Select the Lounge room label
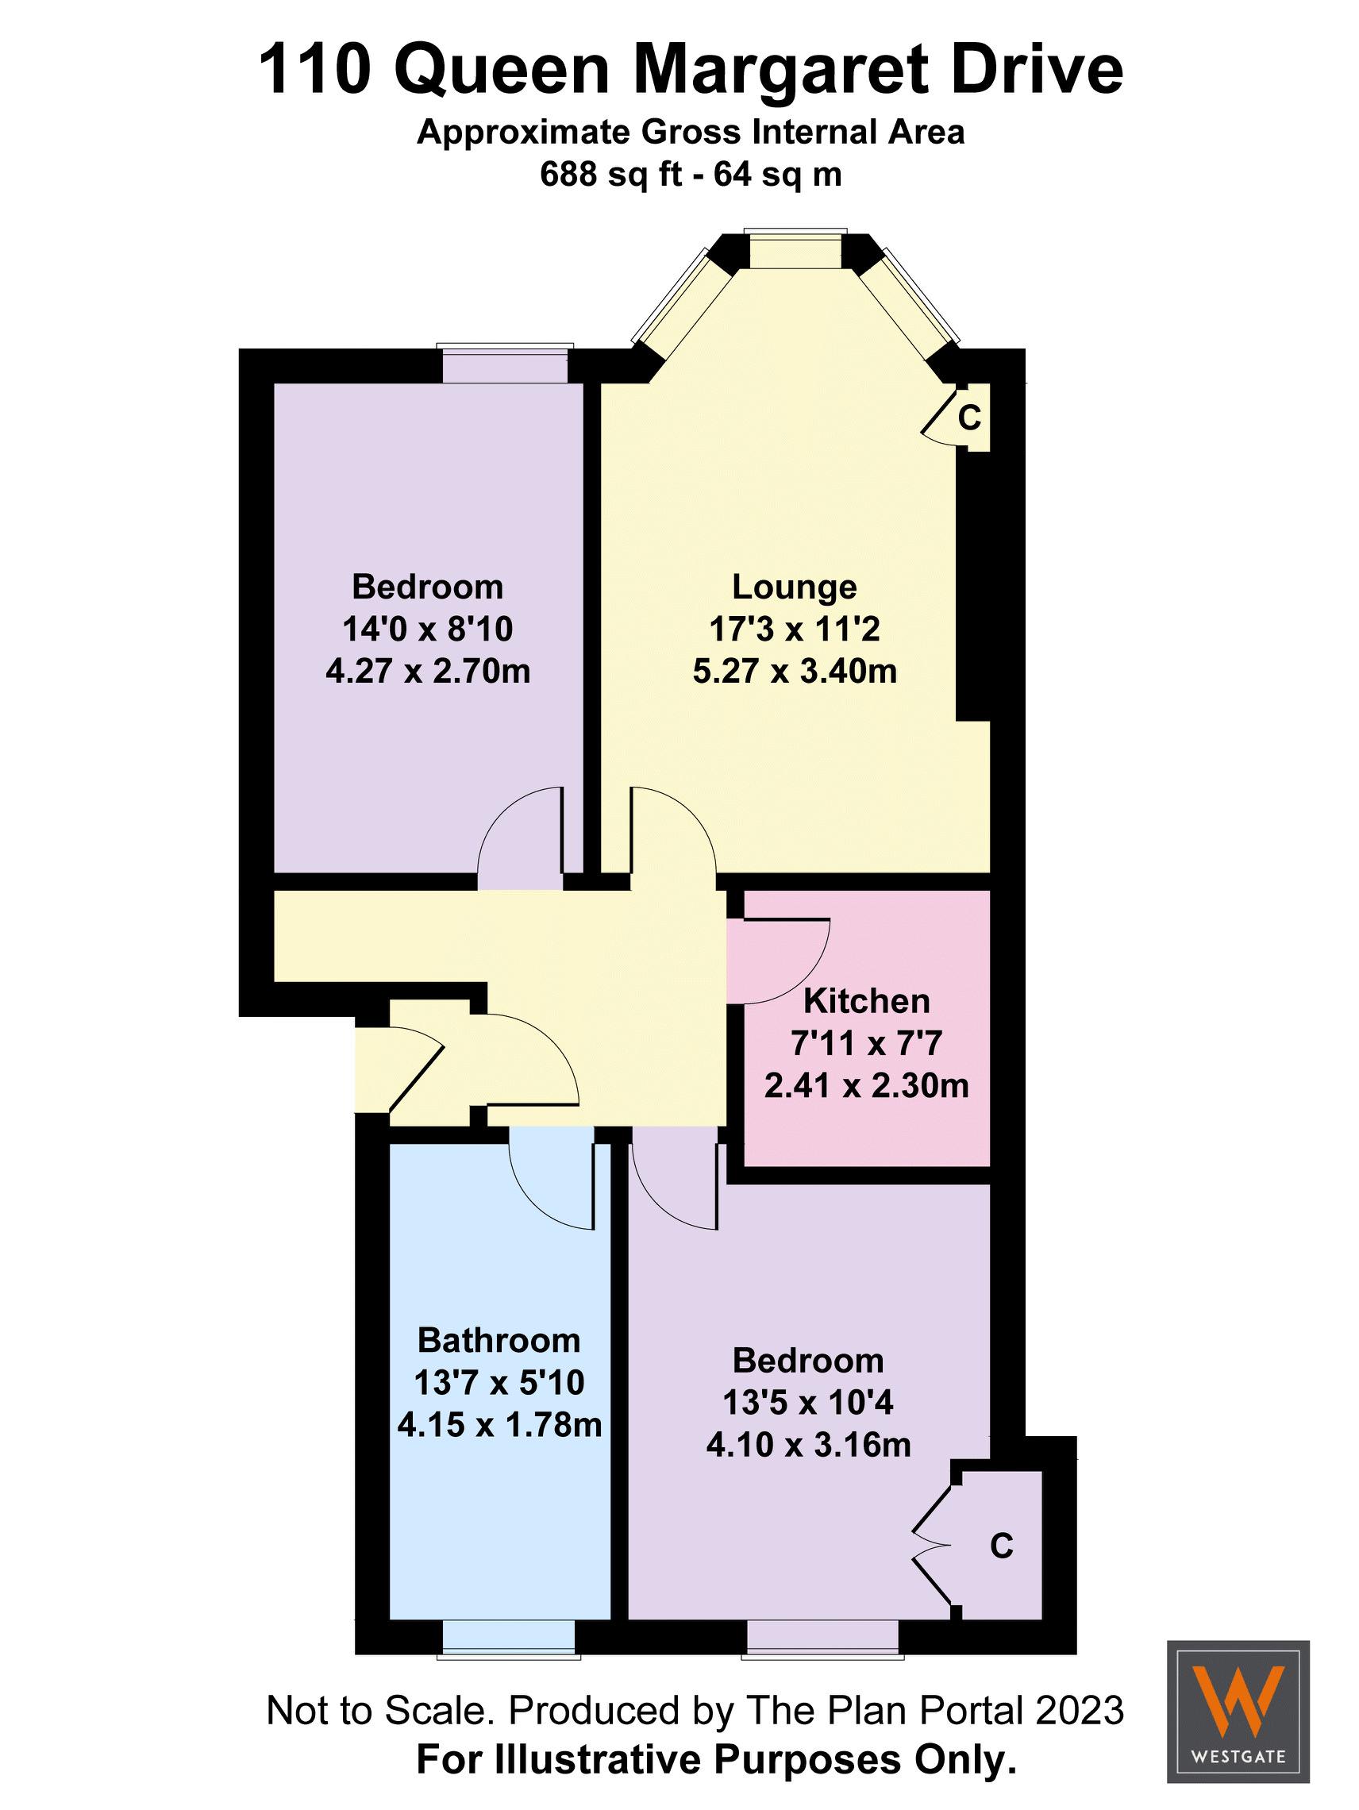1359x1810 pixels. click(794, 587)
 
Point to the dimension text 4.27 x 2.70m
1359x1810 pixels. click(428, 671)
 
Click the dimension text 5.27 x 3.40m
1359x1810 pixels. click(794, 671)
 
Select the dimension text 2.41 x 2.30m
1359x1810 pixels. click(867, 1086)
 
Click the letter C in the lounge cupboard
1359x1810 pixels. click(968, 418)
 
